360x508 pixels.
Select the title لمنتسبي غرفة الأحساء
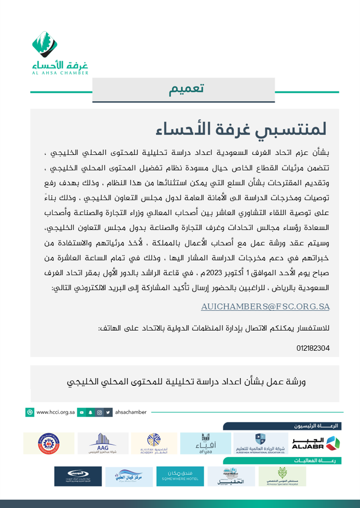pyautogui.click(x=241, y=129)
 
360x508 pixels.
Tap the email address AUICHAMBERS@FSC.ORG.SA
pyautogui.click(x=265, y=306)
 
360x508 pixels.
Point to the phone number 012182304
pyautogui.click(x=313, y=348)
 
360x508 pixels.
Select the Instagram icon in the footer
pyautogui.click(x=99, y=412)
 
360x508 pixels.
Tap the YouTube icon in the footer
pyautogui.click(x=82, y=412)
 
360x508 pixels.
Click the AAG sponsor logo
pyautogui.click(x=103, y=443)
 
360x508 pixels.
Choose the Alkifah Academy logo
pyautogui.click(x=154, y=443)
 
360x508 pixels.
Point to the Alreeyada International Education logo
pyautogui.click(x=260, y=443)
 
